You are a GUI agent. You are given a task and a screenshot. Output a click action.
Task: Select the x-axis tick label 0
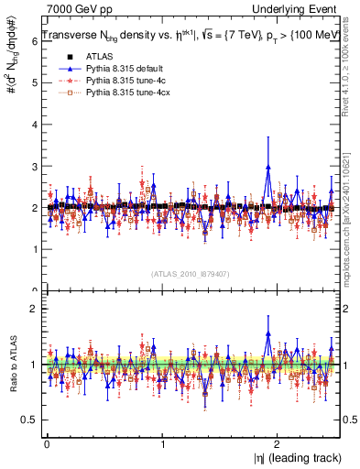click(47, 443)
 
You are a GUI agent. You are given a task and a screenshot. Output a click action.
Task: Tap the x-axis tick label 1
click(162, 443)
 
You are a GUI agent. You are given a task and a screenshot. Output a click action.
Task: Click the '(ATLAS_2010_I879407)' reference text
click(190, 274)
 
